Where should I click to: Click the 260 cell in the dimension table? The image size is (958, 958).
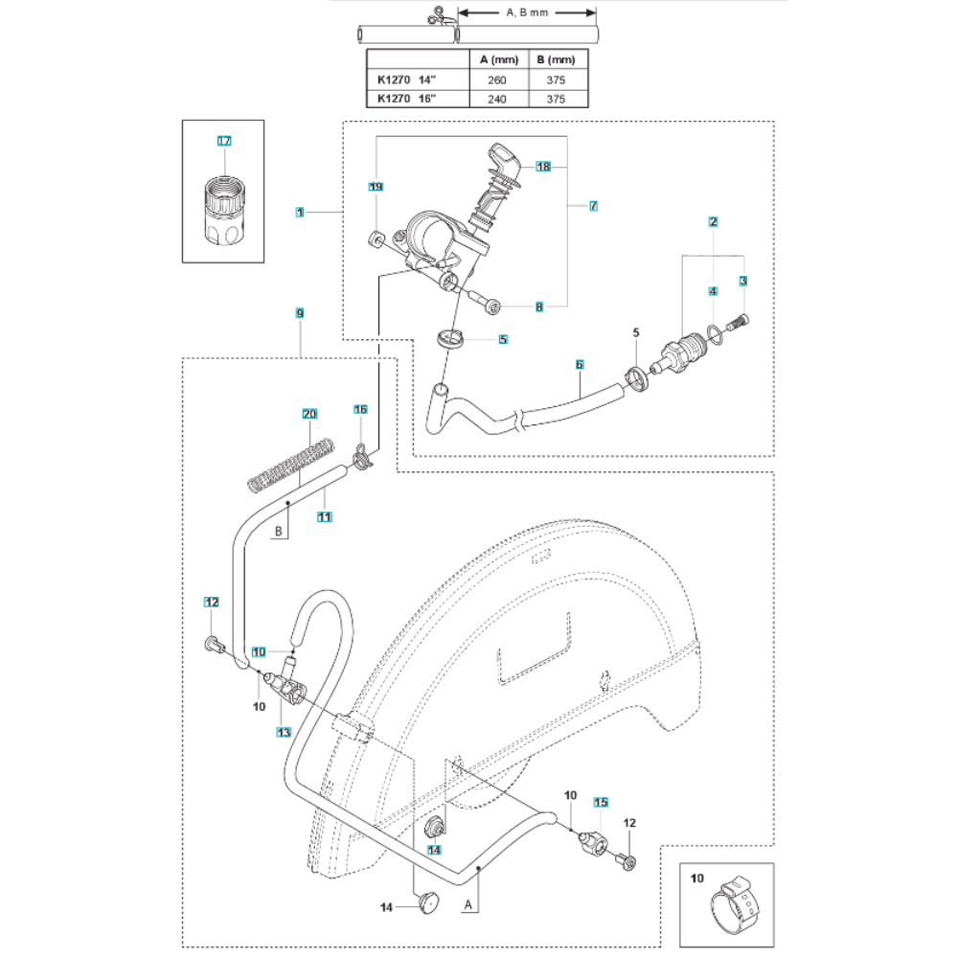coord(496,80)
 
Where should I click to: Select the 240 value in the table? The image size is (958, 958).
coord(496,98)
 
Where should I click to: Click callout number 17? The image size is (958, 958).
coord(224,141)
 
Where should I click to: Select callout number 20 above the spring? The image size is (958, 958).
coord(308,414)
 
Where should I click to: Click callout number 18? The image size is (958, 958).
coord(543,167)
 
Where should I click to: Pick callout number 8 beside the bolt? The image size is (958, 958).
coord(539,307)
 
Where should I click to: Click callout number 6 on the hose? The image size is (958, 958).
coord(580,364)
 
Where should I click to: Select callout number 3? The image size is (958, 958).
coord(742,280)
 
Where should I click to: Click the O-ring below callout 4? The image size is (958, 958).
coord(715,331)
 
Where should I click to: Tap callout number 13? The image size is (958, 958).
coord(283,732)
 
